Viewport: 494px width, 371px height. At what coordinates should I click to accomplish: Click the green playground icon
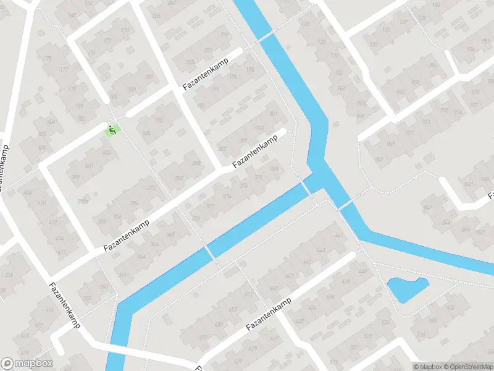tap(112, 130)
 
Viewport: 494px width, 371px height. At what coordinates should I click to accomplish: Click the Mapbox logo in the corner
tap(27, 364)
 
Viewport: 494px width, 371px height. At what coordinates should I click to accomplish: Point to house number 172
tap(109, 42)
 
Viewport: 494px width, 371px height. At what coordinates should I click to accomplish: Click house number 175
tap(48, 59)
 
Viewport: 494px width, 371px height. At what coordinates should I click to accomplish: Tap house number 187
tap(149, 77)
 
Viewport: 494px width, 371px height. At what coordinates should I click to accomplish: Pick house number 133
tap(387, 30)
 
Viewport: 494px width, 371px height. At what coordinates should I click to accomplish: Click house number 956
tap(433, 66)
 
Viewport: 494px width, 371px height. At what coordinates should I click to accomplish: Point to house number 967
tap(390, 144)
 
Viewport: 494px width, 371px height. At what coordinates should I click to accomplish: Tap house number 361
tap(122, 275)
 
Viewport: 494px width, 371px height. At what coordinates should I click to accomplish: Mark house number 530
tap(450, 307)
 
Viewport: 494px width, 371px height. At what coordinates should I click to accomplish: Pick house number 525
tap(385, 322)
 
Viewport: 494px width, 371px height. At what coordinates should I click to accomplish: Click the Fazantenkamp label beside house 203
tap(205, 75)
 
